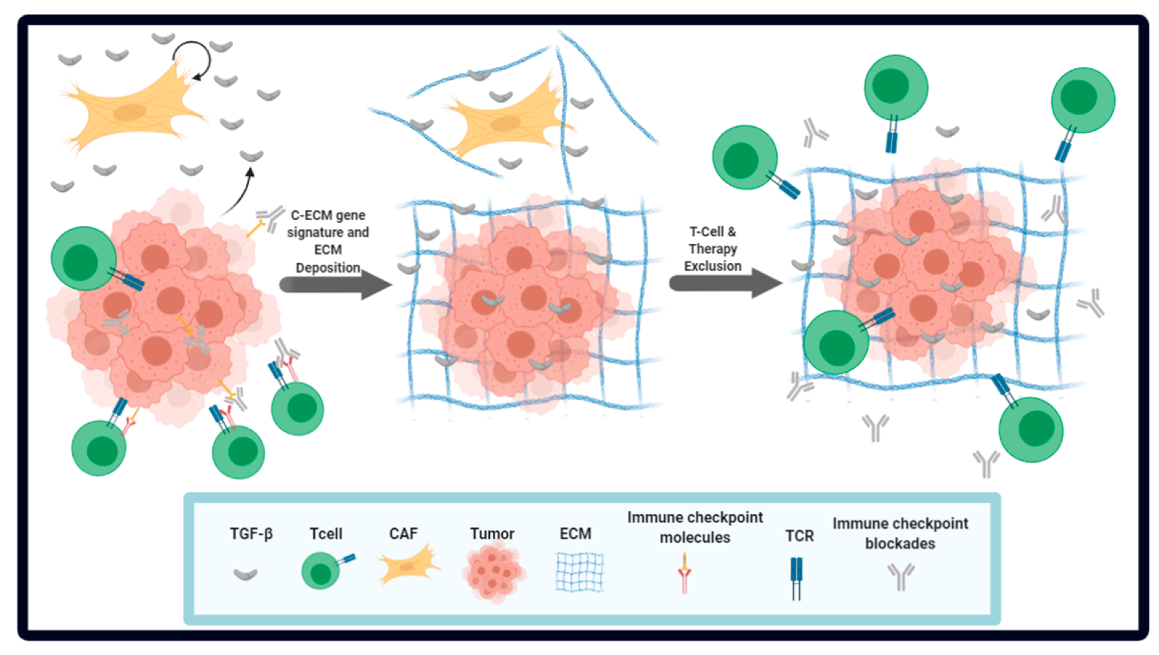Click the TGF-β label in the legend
251,534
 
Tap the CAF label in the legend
403,534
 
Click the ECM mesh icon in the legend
579,572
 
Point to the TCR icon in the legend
796,578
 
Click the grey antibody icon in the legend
901,576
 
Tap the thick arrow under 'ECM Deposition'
335,285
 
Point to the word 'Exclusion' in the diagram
713,266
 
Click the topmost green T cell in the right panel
895,88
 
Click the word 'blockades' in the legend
900,544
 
